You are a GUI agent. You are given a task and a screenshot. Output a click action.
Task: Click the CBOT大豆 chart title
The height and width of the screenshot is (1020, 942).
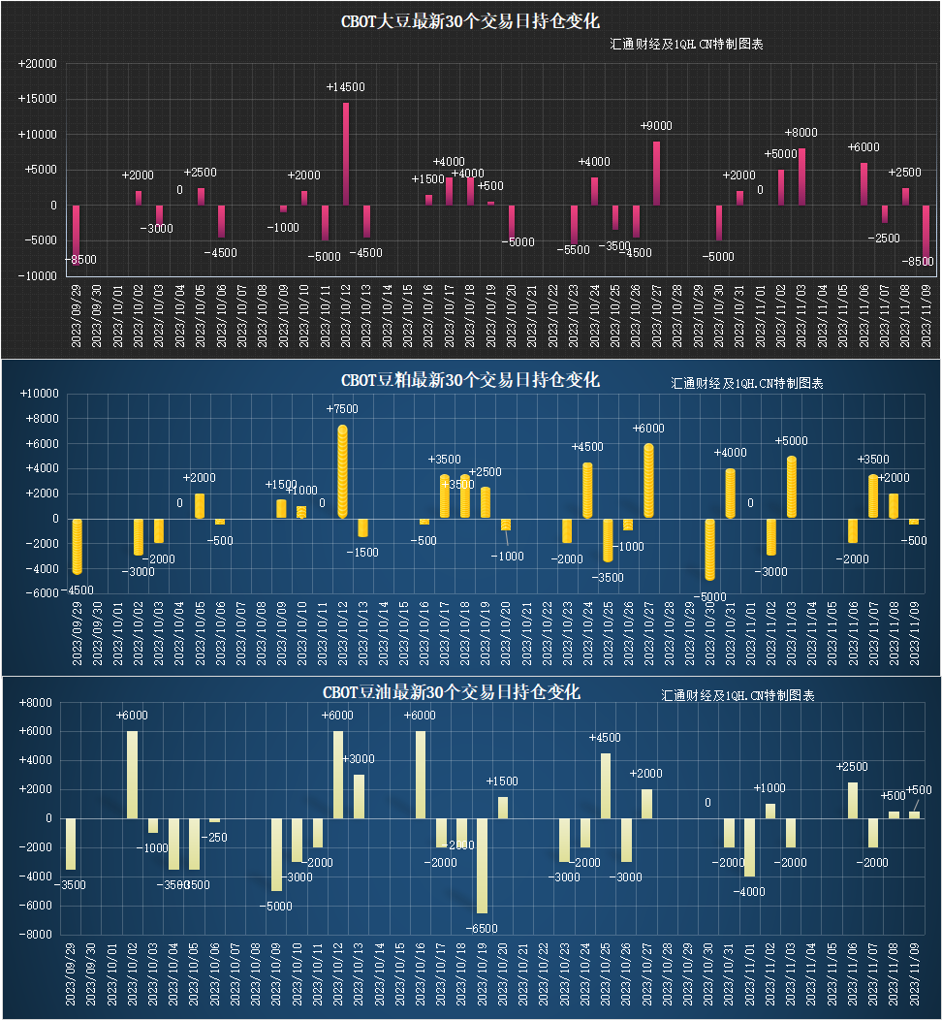[470, 21]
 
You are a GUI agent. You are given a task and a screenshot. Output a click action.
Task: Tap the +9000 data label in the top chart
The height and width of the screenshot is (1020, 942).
[656, 126]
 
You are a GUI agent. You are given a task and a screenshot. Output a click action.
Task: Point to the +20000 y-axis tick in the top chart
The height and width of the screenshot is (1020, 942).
[38, 64]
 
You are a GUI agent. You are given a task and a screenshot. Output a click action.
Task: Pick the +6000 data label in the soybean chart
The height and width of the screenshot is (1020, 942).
[863, 147]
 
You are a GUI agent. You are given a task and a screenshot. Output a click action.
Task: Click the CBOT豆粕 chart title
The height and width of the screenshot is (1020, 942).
[470, 380]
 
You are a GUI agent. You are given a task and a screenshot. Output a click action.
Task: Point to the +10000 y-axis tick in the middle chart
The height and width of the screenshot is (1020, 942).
[39, 394]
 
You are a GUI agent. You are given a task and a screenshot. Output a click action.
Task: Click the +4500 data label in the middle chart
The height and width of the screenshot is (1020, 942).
[587, 447]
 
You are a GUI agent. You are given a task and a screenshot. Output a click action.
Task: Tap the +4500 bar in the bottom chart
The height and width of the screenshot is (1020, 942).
[606, 785]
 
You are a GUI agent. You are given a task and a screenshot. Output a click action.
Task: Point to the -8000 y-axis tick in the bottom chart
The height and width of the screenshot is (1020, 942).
[37, 935]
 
